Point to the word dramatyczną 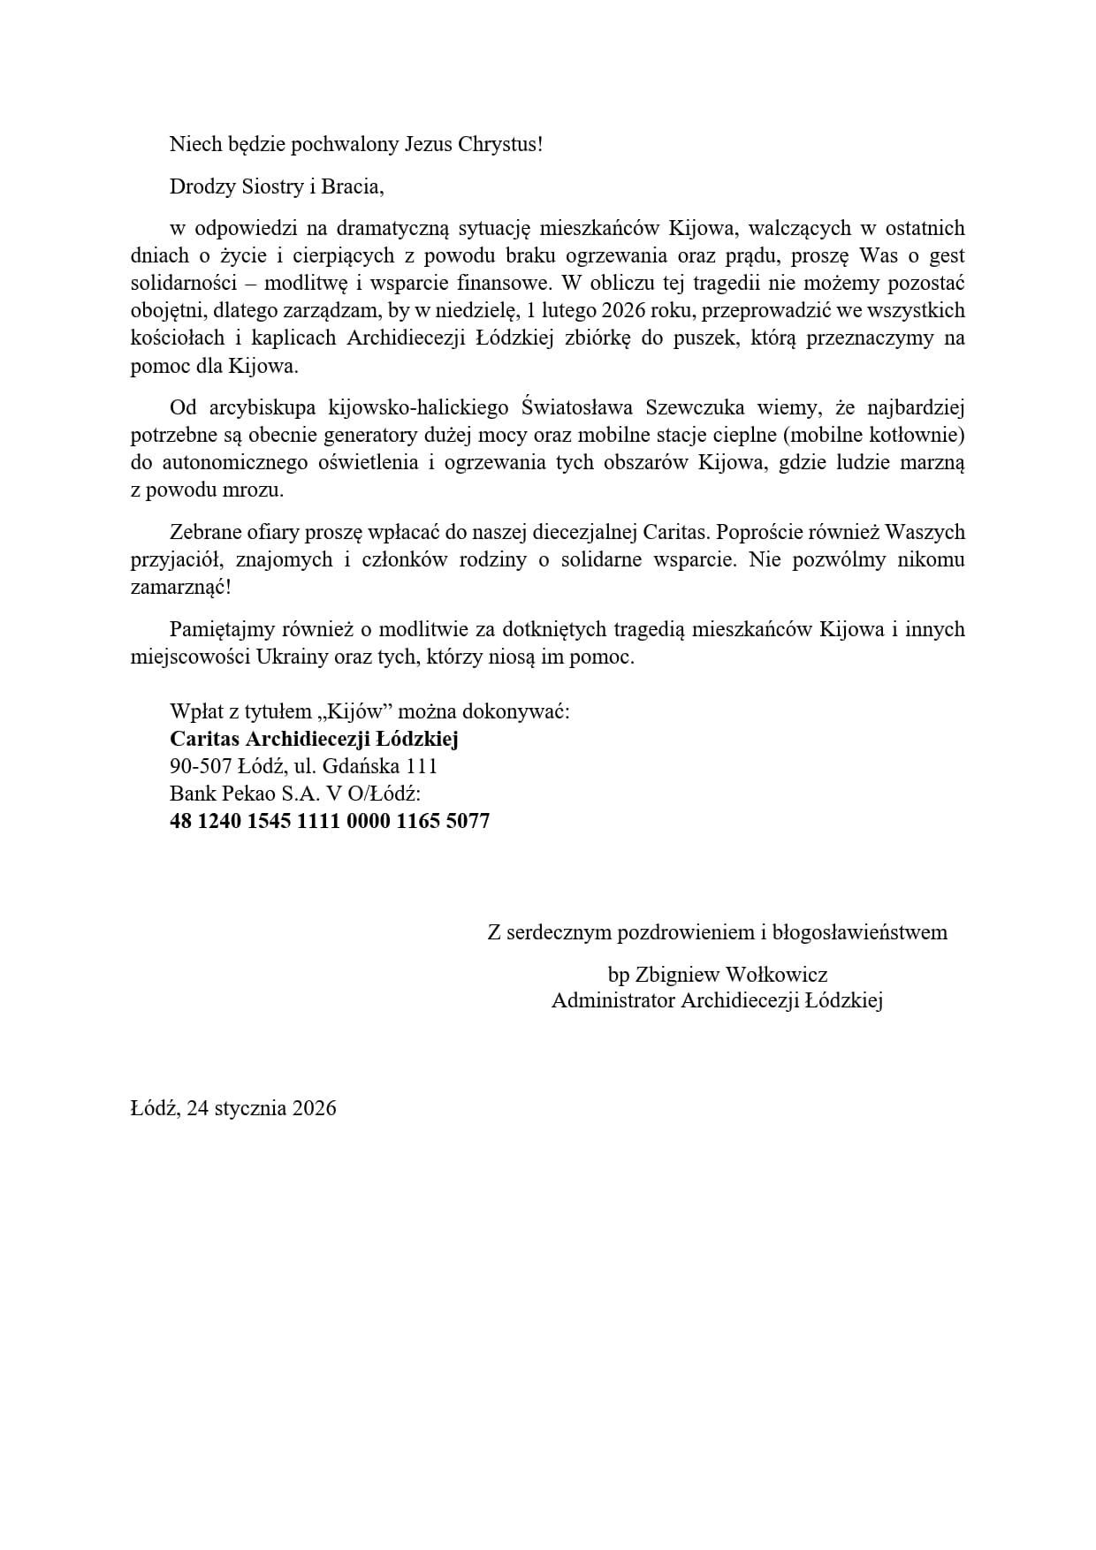(x=394, y=228)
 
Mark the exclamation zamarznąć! (x=180, y=588)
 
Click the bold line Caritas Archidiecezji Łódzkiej (x=314, y=739)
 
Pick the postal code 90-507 (x=201, y=766)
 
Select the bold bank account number (x=330, y=821)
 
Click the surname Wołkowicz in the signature (x=776, y=975)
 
